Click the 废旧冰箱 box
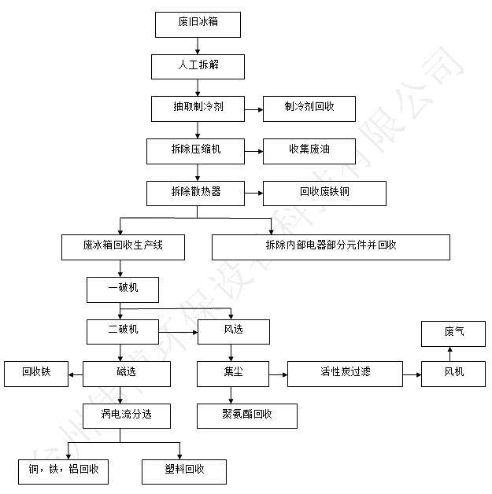pos(197,24)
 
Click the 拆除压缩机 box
pos(195,149)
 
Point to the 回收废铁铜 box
pos(324,193)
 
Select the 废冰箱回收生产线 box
pos(123,246)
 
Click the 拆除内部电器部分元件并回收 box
pos(331,246)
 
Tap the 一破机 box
pos(123,290)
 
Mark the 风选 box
pos(233,331)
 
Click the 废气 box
pos(453,332)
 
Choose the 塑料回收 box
pos(184,470)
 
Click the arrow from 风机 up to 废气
pos(453,353)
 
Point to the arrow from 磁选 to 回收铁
pos(76,374)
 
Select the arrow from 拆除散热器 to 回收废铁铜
pos(253,192)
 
